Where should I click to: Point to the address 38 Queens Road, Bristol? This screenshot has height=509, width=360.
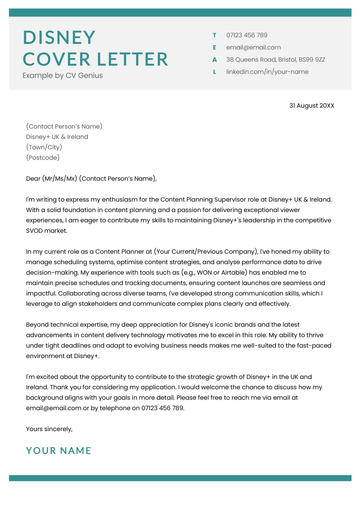pos(275,60)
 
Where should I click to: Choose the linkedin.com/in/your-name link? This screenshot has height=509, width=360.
pos(267,72)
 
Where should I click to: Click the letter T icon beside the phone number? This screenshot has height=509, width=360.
pos(214,34)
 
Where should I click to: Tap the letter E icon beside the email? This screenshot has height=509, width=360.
pos(214,47)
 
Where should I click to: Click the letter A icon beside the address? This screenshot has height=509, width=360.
pos(214,60)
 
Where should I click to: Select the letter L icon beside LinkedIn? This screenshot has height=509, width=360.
pos(214,72)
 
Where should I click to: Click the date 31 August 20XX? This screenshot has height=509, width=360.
pos(312,105)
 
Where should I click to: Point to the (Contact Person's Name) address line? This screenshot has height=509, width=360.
pos(64,127)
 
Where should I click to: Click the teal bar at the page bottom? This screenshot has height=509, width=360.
pos(180,480)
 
